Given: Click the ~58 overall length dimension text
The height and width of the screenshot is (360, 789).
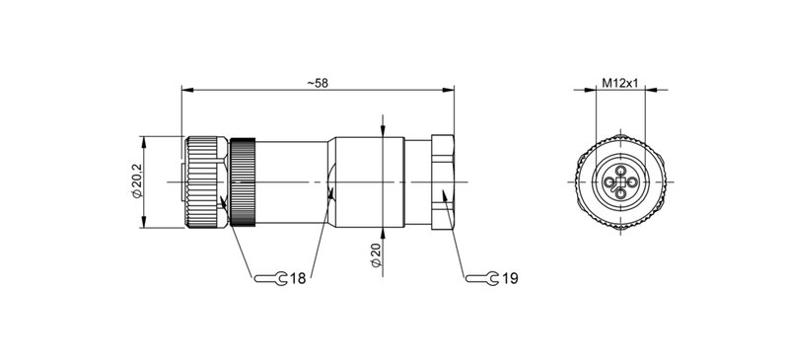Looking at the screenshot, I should click(x=317, y=84).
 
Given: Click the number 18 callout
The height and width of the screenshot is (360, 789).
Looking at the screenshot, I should click(x=297, y=279).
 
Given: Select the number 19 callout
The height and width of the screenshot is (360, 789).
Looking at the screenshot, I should click(x=509, y=279).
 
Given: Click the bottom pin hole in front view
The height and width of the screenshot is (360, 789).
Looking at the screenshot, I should click(x=621, y=194).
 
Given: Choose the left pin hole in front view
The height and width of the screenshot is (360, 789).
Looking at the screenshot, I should click(x=610, y=182).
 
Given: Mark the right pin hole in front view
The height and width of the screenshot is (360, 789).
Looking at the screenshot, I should click(x=633, y=182).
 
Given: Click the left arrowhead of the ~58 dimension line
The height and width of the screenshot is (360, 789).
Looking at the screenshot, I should click(x=185, y=93).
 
